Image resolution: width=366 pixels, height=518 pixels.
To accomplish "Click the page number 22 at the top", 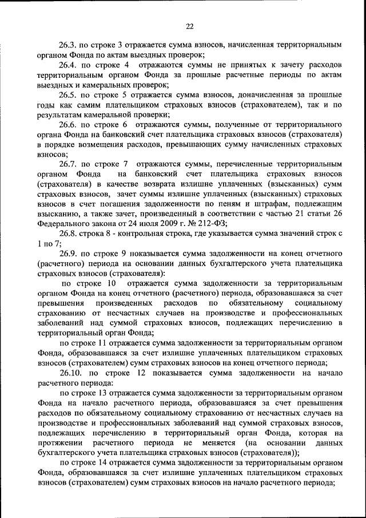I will (x=190, y=26).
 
